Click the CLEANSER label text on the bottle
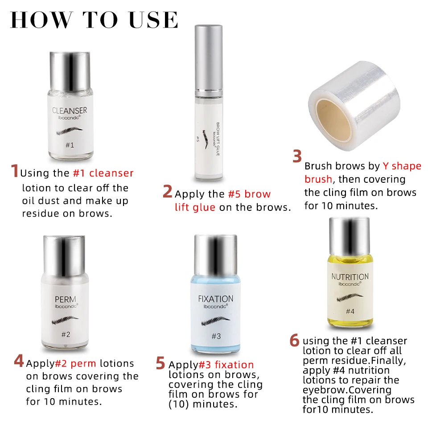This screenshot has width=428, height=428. coord(70,111)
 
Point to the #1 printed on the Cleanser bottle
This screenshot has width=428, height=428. coord(70,145)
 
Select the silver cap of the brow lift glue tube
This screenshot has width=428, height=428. coord(209,59)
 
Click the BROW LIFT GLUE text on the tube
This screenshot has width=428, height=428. coord(218,139)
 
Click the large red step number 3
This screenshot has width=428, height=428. coord(297,156)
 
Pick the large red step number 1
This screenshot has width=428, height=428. coord(15,171)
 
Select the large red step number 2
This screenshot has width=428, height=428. coord(167,191)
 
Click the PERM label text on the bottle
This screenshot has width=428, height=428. coord(66,300)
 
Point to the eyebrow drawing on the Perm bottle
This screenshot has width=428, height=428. coord(65,320)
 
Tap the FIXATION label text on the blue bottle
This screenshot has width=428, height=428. coord(216,299)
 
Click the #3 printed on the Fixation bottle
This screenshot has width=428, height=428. coord(216,336)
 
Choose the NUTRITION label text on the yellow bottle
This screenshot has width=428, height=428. coord(350,277)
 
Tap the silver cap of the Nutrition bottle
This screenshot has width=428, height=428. coord(350,236)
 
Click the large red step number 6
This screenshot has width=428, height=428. coord(295,340)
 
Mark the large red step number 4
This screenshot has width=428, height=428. coord(19,361)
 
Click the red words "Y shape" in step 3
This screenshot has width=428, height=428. coord(402,166)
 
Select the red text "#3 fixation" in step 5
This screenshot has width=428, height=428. coord(226,365)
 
